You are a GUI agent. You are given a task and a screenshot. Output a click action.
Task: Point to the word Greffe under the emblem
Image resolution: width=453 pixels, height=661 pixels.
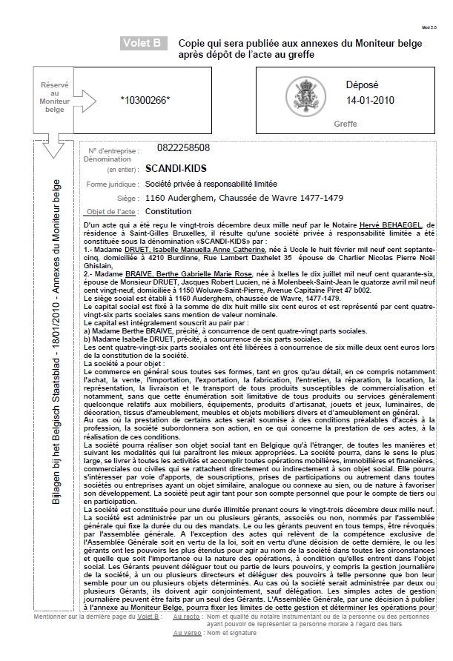[x=345, y=124]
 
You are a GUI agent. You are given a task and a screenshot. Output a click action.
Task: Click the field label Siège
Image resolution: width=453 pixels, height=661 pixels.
[x=128, y=199]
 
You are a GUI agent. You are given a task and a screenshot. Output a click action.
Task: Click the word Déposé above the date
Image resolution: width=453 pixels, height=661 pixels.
[x=363, y=84]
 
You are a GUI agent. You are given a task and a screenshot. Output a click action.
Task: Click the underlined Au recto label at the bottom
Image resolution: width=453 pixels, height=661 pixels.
[x=187, y=616]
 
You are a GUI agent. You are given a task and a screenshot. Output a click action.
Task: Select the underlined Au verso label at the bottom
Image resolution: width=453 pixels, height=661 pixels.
[x=187, y=633]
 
